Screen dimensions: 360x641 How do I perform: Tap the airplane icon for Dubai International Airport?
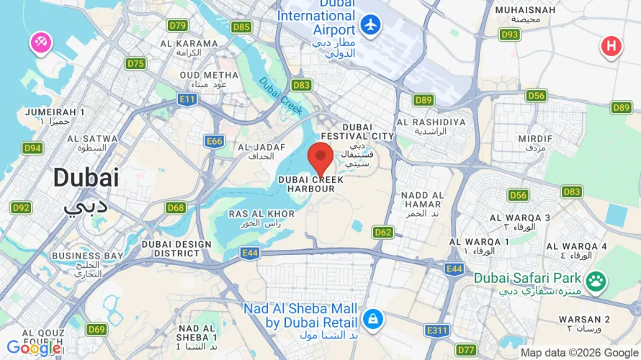(372, 24)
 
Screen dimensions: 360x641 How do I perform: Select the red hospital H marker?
(611, 46)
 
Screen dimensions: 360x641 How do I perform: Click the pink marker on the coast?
(40, 43)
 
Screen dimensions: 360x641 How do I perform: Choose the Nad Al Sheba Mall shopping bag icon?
(372, 318)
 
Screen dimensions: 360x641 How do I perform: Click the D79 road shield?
(177, 26)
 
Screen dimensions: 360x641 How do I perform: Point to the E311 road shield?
(436, 330)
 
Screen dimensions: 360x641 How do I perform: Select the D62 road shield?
(383, 232)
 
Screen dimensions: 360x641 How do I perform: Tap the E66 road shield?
(214, 141)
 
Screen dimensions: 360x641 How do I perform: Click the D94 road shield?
(32, 148)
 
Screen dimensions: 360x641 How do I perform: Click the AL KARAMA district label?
(189, 43)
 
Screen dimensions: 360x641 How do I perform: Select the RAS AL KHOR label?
(261, 214)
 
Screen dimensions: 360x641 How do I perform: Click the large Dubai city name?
(85, 177)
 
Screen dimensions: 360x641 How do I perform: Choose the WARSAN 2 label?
(584, 319)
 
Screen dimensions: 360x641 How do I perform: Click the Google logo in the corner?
(33, 348)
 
